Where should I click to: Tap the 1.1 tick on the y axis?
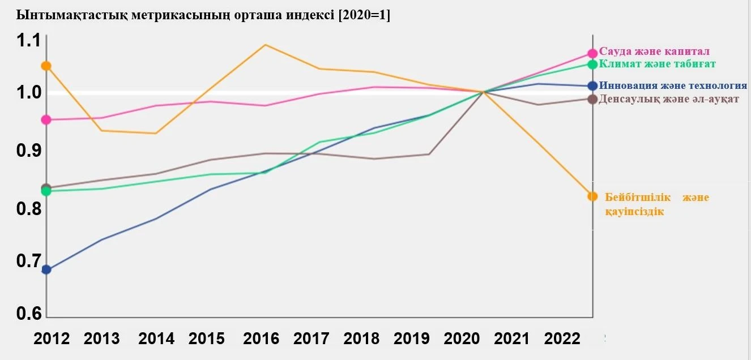28,41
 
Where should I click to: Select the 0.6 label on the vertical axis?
28,314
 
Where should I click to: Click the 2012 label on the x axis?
52,338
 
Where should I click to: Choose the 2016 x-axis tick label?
261,338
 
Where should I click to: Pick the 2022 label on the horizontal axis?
562,338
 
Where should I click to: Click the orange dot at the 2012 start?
46,66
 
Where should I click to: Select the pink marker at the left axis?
46,119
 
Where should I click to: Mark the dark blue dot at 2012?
46,269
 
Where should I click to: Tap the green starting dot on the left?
46,191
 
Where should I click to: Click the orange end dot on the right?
592,196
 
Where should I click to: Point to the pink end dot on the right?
592,54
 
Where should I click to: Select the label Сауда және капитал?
654,52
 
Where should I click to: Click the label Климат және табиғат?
658,63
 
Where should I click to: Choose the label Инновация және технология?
673,85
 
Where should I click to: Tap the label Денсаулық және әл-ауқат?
669,99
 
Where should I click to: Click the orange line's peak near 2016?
266,45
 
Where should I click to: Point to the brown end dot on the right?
592,99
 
